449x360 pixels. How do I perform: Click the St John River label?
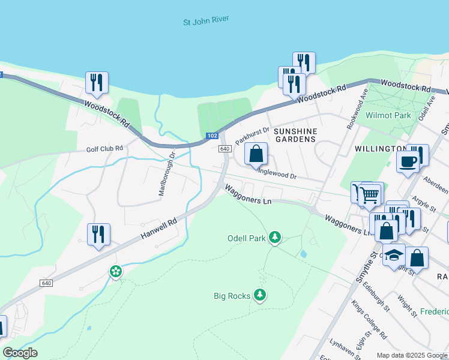(206, 22)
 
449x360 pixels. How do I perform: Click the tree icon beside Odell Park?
(275, 238)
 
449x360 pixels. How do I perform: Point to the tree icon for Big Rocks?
(260, 295)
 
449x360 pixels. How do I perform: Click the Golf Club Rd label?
(104, 148)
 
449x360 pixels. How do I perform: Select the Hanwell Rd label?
(160, 230)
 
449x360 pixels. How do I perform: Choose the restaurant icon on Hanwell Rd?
(98, 234)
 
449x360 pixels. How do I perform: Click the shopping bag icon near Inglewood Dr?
(256, 154)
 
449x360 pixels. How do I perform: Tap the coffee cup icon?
(408, 162)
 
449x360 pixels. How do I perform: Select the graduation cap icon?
(393, 256)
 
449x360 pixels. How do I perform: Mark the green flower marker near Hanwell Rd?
(116, 272)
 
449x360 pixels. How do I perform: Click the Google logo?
(20, 353)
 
